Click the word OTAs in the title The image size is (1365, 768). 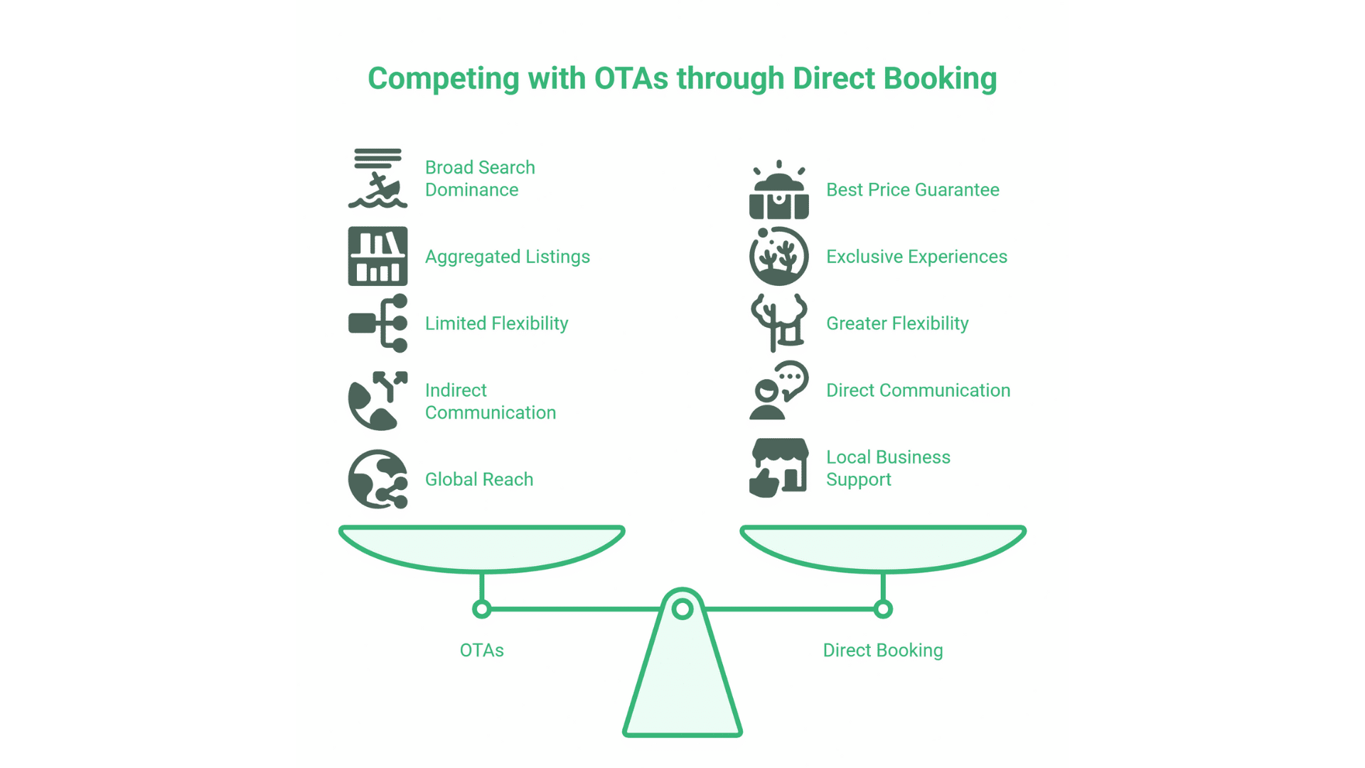click(x=631, y=78)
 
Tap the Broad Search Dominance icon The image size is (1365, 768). click(x=378, y=178)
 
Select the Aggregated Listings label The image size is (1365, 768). click(x=507, y=257)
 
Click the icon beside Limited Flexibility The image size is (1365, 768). click(x=378, y=324)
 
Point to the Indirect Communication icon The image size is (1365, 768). click(x=378, y=401)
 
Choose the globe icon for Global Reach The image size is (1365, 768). click(x=378, y=479)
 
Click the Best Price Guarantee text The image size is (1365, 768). click(x=912, y=190)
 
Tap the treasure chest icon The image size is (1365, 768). click(x=778, y=191)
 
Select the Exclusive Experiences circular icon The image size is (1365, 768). click(x=778, y=257)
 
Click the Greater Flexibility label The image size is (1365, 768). click(x=896, y=324)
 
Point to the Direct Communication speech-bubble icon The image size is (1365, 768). click(x=778, y=390)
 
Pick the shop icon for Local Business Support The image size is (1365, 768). click(x=778, y=467)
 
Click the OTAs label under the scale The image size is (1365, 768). click(x=481, y=650)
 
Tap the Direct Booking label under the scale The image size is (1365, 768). click(x=882, y=650)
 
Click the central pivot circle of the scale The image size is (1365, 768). click(x=682, y=609)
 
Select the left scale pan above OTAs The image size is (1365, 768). click(x=481, y=548)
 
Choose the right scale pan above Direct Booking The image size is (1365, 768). click(x=882, y=548)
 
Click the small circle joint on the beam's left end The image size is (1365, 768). click(x=481, y=609)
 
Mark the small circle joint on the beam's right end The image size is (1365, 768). click(x=883, y=609)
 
